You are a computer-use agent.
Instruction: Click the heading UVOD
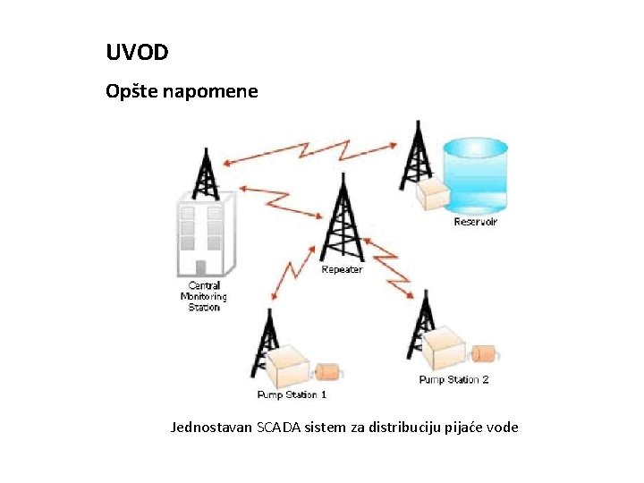coord(137,53)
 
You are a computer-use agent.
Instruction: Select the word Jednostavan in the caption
coord(211,428)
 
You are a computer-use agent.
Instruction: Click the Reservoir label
coord(475,222)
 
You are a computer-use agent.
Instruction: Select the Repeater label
coord(342,269)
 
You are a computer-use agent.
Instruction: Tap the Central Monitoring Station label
coord(204,296)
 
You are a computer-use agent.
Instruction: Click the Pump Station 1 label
coord(292,394)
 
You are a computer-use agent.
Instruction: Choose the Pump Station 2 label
coord(453,379)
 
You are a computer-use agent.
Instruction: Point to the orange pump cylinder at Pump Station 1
coord(327,369)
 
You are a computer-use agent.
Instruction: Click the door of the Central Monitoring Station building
coord(201,267)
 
